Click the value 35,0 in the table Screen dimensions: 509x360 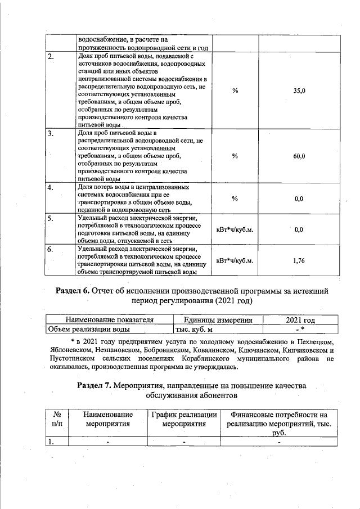[x=299, y=91]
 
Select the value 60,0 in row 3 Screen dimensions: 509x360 [x=299, y=156]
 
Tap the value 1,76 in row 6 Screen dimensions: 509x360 [x=299, y=260]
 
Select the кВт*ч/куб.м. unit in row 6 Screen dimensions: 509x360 [x=235, y=260]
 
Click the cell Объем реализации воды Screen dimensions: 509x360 [x=83, y=330]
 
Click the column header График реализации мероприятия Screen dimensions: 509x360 [x=183, y=419]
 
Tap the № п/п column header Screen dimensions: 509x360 [x=56, y=419]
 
